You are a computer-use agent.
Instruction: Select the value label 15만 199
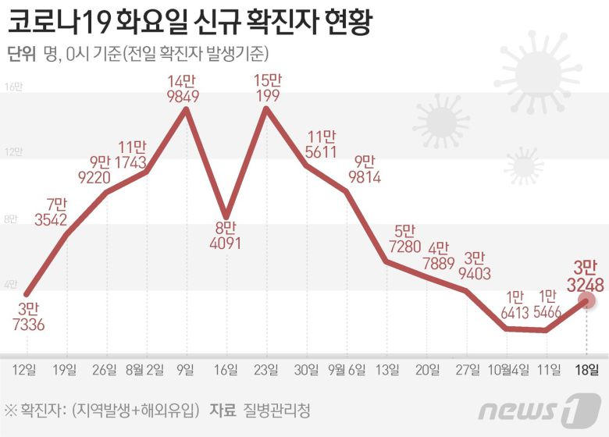click(267, 87)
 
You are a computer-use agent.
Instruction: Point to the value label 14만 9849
click(186, 88)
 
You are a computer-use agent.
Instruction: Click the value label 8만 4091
click(226, 235)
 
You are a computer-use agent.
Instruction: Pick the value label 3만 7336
click(27, 316)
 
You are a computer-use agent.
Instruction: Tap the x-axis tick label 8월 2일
click(144, 369)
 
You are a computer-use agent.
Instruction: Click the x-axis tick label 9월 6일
click(346, 369)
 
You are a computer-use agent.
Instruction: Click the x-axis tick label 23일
click(265, 369)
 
